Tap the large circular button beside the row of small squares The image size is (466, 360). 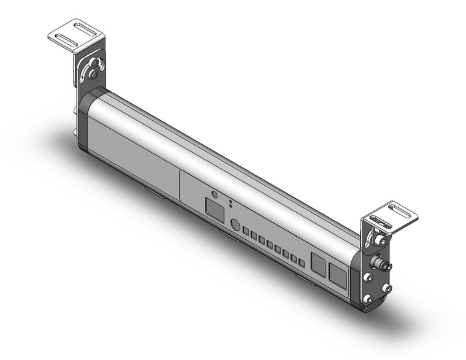click(x=234, y=224)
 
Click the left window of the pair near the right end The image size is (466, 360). click(x=319, y=264)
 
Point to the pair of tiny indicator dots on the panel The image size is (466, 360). click(x=230, y=203)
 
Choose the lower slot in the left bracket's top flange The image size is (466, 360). click(x=65, y=37)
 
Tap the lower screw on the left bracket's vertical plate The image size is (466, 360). click(x=92, y=75)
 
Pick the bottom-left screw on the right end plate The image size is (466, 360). click(x=367, y=298)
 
